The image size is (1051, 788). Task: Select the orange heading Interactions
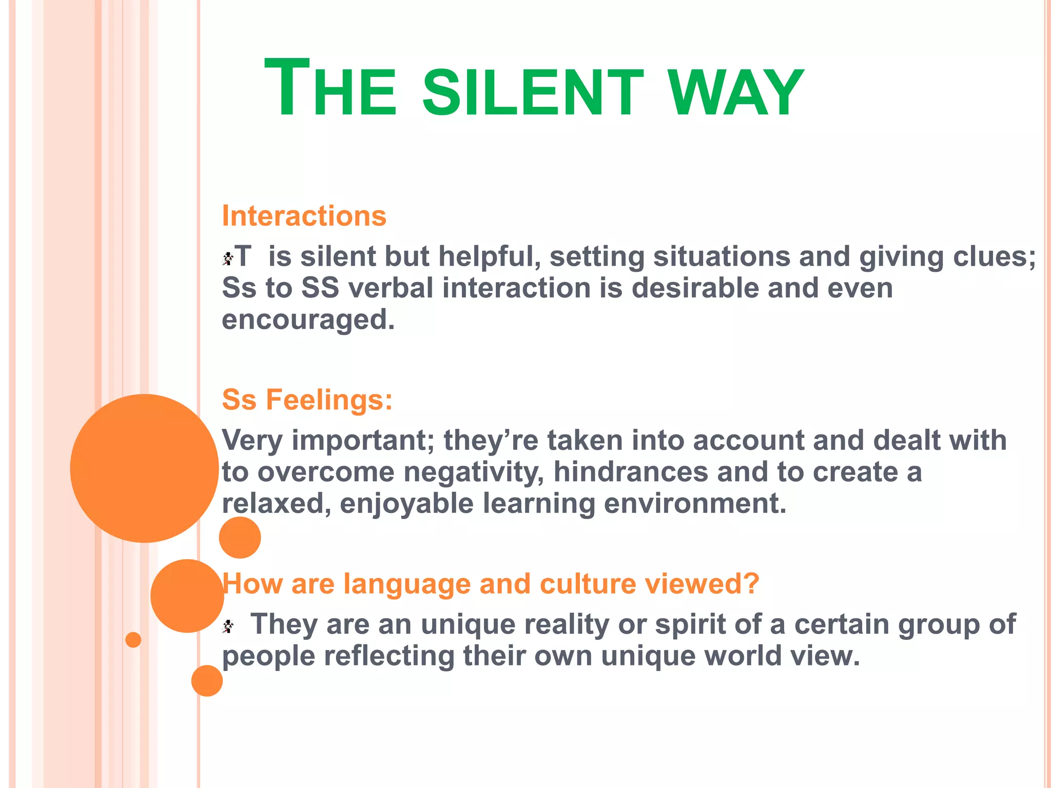pyautogui.click(x=304, y=216)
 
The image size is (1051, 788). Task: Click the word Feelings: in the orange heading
pyautogui.click(x=329, y=400)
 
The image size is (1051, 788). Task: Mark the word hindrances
pyautogui.click(x=631, y=472)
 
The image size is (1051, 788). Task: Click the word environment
pyautogui.click(x=695, y=504)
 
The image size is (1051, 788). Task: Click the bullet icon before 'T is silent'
pyautogui.click(x=228, y=258)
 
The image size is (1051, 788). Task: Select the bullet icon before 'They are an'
pyautogui.click(x=228, y=626)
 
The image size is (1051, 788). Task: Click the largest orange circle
pyautogui.click(x=144, y=468)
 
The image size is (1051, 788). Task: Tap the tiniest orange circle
pyautogui.click(x=133, y=640)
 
